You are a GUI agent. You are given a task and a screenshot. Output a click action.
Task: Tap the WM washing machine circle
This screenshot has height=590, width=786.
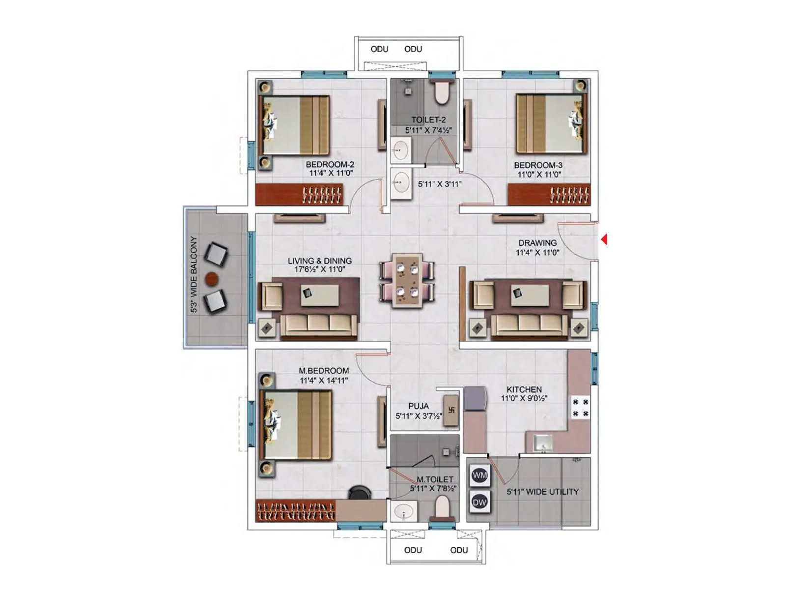pyautogui.click(x=479, y=475)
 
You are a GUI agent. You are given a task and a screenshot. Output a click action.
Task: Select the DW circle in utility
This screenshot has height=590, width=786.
pyautogui.click(x=479, y=502)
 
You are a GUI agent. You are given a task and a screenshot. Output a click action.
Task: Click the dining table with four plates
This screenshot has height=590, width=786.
pyautogui.click(x=407, y=281)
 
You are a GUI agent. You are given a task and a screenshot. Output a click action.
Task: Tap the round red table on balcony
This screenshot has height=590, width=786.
pyautogui.click(x=211, y=279)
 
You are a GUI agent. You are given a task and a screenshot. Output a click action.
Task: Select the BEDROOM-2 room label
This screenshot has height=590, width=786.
pyautogui.click(x=330, y=165)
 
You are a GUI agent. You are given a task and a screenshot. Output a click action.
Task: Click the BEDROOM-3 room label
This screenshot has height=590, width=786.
pyautogui.click(x=538, y=165)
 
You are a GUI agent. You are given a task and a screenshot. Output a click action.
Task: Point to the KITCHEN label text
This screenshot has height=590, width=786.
pyautogui.click(x=524, y=389)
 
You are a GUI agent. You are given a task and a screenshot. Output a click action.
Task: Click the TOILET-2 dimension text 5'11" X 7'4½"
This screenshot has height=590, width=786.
pyautogui.click(x=428, y=130)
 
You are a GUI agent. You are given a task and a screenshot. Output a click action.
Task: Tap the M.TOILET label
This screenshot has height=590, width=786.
pyautogui.click(x=435, y=479)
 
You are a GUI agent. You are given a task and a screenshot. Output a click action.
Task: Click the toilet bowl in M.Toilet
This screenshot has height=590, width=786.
pyautogui.click(x=442, y=507)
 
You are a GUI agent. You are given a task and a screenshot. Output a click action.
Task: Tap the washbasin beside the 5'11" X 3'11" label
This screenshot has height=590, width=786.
pyautogui.click(x=401, y=183)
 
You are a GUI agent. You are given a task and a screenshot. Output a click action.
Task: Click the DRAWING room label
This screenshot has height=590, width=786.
pyautogui.click(x=537, y=243)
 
